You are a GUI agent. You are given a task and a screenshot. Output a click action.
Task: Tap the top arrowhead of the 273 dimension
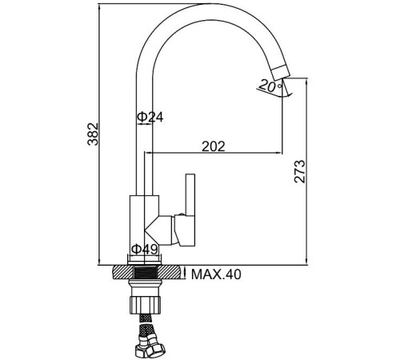308,78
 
